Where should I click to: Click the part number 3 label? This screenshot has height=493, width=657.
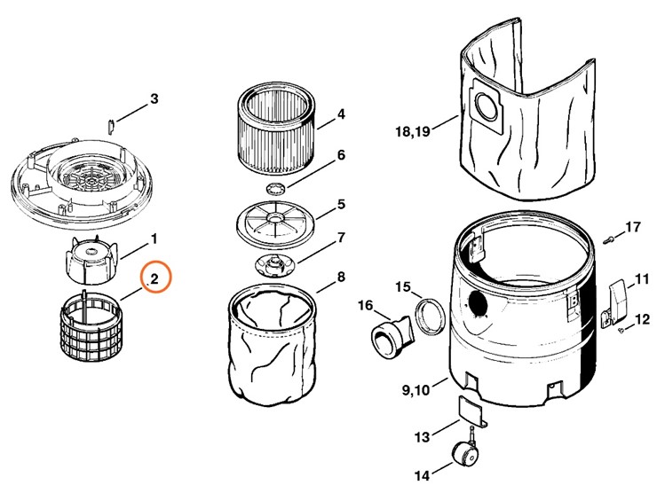154,98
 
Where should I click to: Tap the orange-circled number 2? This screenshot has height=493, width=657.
154,279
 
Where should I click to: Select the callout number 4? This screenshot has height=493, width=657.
341,114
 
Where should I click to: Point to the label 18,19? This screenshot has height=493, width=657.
412,132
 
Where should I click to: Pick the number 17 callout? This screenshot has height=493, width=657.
632,228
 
